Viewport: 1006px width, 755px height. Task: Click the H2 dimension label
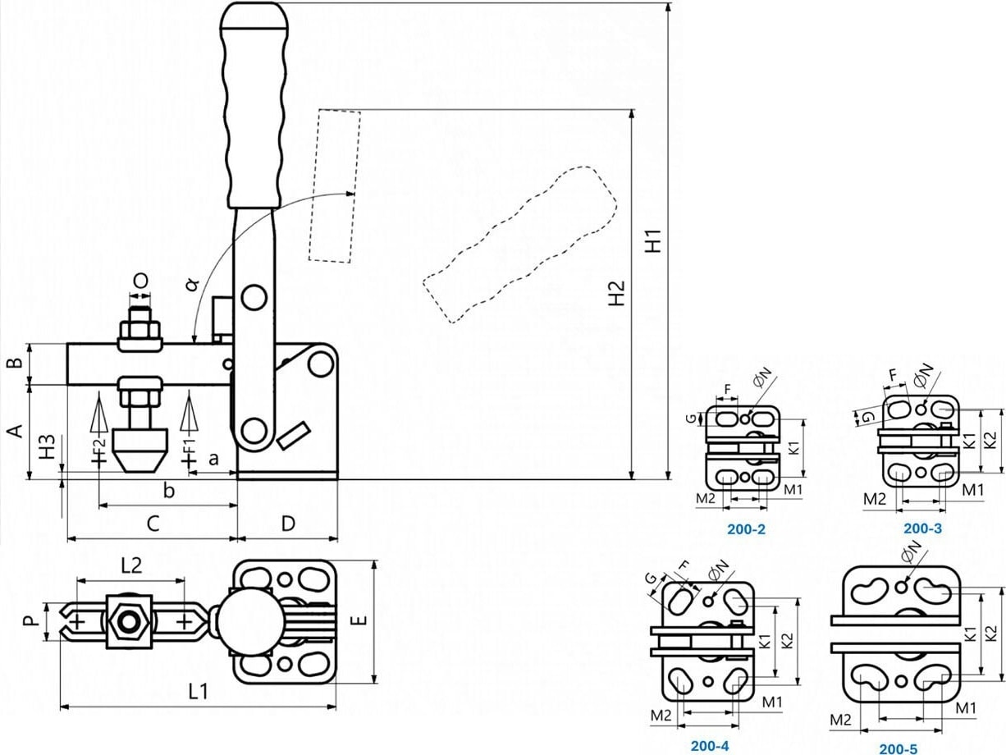point(617,293)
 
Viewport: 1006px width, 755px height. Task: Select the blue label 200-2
point(746,529)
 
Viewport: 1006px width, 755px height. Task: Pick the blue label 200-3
point(922,528)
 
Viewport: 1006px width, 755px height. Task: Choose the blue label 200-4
point(710,746)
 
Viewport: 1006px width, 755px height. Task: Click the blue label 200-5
point(899,748)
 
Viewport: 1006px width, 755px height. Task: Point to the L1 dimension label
point(198,692)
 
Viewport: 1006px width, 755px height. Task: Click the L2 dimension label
point(131,565)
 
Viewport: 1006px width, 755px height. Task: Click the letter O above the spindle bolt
point(141,281)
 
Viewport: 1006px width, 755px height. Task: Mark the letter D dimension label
point(288,524)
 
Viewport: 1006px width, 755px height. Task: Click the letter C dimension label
point(153,523)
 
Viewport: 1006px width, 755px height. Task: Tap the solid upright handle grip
point(254,107)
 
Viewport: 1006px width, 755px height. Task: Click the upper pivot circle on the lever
point(254,295)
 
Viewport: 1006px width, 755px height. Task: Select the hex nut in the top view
point(128,621)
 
